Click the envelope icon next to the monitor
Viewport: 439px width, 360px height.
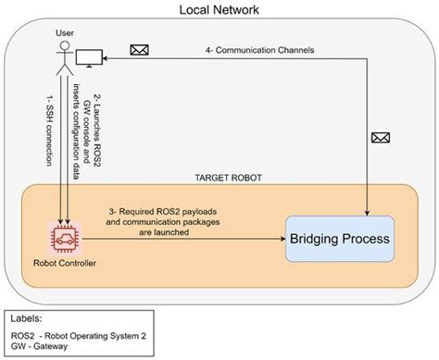coord(140,50)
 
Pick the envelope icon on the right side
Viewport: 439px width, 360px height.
coord(381,137)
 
